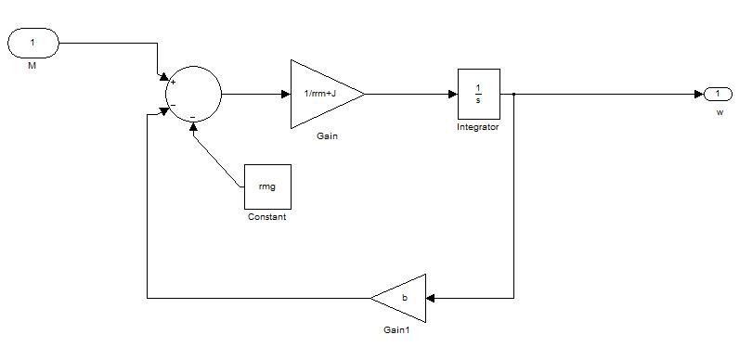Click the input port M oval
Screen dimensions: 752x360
(33, 43)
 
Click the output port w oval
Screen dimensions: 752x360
(718, 95)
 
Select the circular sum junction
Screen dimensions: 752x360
(193, 94)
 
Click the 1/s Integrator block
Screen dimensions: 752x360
(479, 94)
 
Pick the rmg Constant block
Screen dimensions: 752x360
(267, 186)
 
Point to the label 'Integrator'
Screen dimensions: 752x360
(478, 127)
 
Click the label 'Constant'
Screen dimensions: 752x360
(266, 217)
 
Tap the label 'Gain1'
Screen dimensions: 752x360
(397, 329)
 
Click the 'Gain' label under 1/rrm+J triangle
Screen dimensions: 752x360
(327, 136)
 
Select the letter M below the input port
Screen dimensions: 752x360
(32, 66)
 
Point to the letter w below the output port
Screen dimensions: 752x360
(720, 112)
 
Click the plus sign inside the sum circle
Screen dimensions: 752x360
(173, 83)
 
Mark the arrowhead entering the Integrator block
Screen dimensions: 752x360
(453, 95)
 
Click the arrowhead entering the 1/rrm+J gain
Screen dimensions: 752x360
(286, 95)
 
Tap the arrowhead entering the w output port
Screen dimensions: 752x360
(699, 95)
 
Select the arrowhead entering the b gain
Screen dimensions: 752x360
(430, 298)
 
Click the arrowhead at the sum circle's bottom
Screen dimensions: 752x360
(193, 126)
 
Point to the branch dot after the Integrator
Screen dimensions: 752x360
(513, 95)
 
